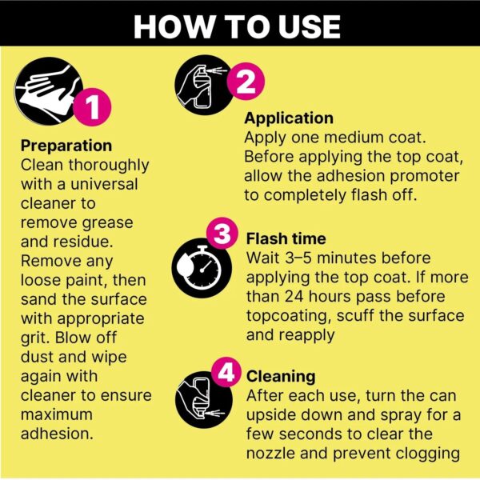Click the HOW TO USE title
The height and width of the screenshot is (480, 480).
[237, 26]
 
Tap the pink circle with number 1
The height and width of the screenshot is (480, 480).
[92, 107]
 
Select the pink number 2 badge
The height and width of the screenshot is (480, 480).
[246, 81]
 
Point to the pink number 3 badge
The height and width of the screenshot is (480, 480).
[222, 234]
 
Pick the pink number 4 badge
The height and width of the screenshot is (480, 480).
[226, 373]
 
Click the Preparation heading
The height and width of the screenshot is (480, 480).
[66, 146]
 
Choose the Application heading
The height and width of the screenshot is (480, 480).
[289, 118]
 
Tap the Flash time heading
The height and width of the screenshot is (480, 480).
[286, 238]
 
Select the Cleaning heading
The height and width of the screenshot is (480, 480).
[281, 377]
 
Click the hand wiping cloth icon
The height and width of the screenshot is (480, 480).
[47, 91]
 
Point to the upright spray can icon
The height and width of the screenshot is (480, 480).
[204, 85]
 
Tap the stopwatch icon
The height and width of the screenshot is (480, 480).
[202, 268]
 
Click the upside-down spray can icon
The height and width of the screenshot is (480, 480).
[203, 399]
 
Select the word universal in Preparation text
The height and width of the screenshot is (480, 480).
[104, 184]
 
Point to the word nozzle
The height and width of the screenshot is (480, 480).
[270, 454]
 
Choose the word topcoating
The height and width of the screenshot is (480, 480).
[289, 316]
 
